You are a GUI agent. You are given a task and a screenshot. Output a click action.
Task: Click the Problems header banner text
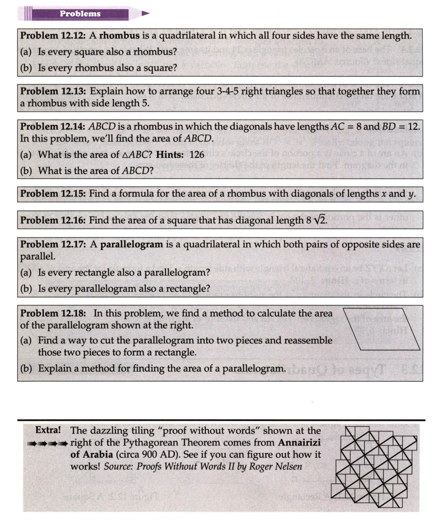point(80,14)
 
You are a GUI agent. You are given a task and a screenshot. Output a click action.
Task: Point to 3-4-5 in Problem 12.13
point(228,91)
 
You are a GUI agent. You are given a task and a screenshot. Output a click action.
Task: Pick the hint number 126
point(197,154)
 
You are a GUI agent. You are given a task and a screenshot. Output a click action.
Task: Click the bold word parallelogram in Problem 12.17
point(132,244)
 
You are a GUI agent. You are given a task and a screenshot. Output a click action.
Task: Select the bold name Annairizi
point(299,443)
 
